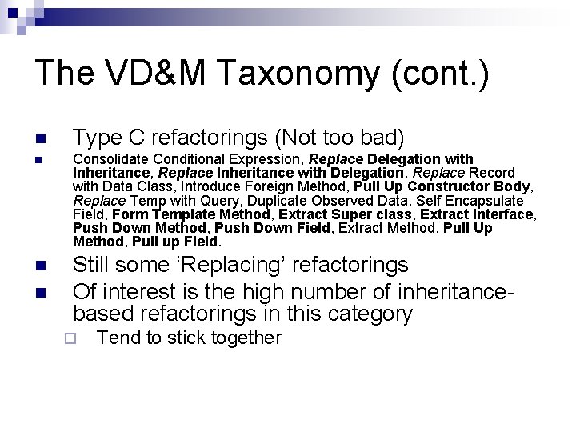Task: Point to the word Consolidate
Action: coord(110,159)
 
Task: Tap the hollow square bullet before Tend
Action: coord(69,338)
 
